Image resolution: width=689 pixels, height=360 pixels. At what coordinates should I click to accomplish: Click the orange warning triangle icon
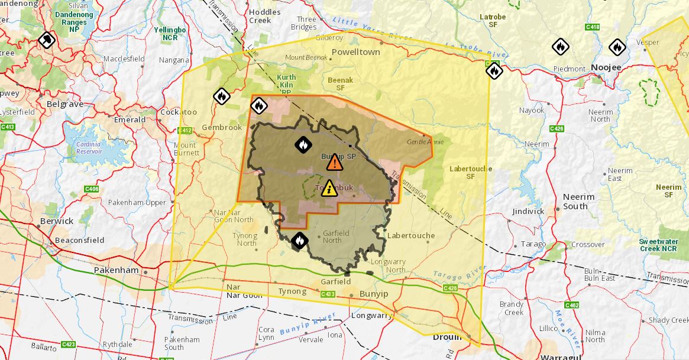[334, 162]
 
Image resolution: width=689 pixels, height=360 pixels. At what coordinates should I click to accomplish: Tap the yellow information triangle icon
[329, 188]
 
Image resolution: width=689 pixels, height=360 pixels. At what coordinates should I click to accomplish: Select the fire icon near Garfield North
[300, 240]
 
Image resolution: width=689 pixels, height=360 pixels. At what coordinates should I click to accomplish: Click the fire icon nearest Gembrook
[221, 96]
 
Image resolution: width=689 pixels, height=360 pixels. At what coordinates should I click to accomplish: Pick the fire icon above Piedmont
[560, 46]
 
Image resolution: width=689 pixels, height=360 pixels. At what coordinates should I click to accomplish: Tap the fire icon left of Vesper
[617, 46]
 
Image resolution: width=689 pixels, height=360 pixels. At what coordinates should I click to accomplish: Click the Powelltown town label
[355, 52]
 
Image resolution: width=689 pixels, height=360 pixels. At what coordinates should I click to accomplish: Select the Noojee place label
[606, 67]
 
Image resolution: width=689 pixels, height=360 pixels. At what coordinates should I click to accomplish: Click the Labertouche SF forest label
[471, 172]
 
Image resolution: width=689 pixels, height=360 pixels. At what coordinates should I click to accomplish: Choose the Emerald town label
[130, 119]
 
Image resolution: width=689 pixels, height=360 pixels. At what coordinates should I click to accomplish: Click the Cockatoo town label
[179, 112]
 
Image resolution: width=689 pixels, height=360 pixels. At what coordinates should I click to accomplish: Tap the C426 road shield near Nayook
[556, 128]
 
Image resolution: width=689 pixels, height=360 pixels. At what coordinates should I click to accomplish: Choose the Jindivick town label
[528, 211]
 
